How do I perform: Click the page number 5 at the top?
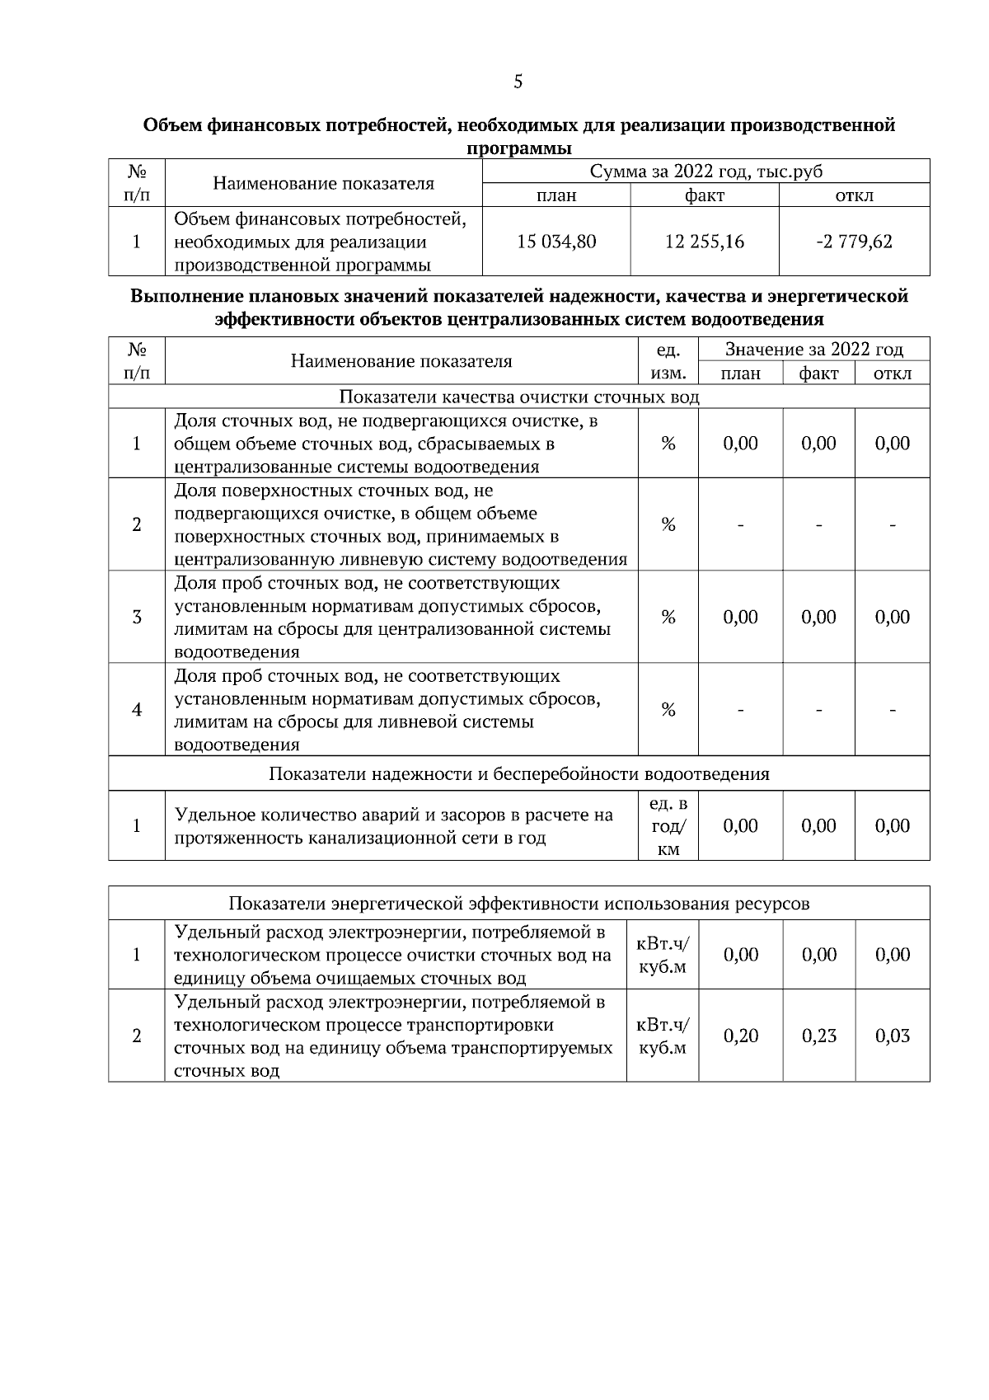coord(518,82)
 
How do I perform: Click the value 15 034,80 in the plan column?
coord(556,242)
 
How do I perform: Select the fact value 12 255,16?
coord(704,242)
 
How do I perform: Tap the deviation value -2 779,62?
coord(854,242)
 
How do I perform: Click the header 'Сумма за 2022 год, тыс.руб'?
coord(705,171)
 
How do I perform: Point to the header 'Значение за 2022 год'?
coord(813,349)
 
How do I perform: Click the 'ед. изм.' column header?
coord(668,361)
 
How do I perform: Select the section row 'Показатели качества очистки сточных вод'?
coord(519,397)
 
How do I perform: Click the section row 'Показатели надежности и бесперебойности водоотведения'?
coord(519,774)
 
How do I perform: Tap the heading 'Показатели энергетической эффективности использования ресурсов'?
coord(519,904)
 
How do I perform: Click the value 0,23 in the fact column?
coord(818,1036)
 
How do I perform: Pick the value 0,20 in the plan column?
coord(740,1036)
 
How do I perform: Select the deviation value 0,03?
coord(892,1036)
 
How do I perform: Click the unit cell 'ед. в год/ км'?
coord(668,826)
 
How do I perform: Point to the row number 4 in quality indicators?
coord(137,710)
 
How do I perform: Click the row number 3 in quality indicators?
coord(137,618)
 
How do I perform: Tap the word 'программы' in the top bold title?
coord(519,148)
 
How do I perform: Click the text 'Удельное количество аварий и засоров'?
coord(330,815)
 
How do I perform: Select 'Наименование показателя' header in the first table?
coord(323,183)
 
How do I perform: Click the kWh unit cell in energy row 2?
coord(663,1036)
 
